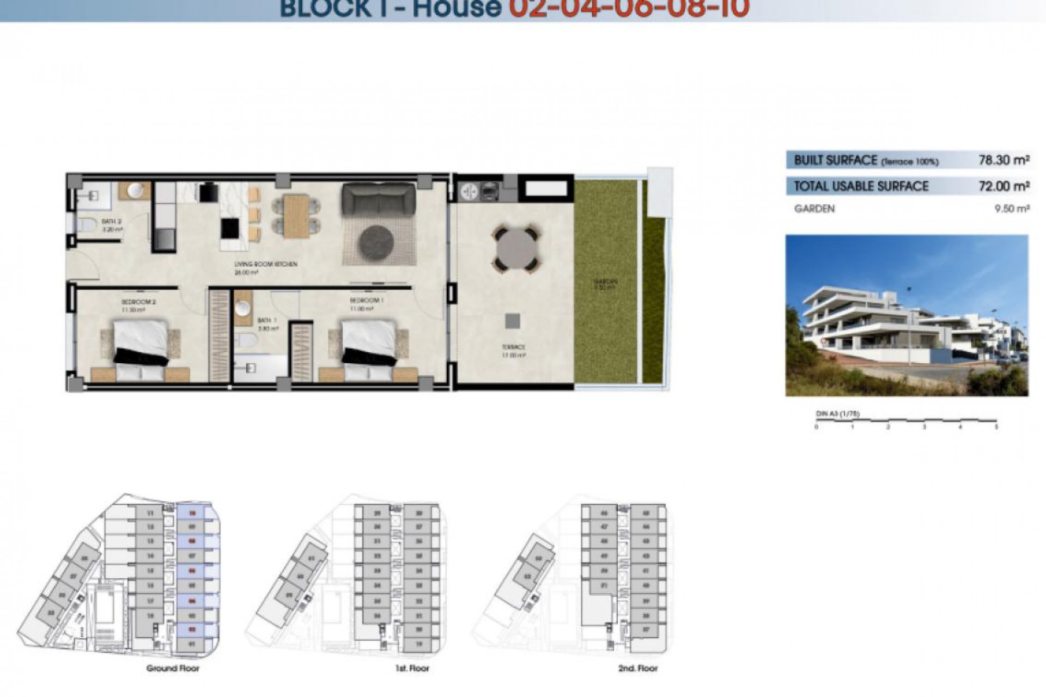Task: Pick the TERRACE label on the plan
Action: [x=513, y=347]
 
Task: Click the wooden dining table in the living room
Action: [x=296, y=216]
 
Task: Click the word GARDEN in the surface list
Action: [x=814, y=209]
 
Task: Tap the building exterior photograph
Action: [x=907, y=315]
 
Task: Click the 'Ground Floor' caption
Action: [x=173, y=668]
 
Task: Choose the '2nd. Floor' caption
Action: [x=638, y=668]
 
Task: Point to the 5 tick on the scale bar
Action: [x=996, y=426]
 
